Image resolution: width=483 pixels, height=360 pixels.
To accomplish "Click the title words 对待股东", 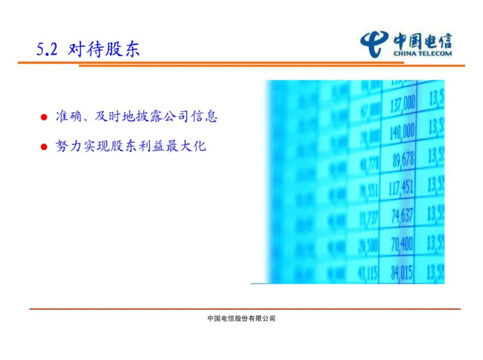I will (x=104, y=49).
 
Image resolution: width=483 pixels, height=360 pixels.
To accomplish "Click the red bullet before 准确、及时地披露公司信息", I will (x=43, y=117).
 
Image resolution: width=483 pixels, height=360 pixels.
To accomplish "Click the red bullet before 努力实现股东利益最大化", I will (x=43, y=147).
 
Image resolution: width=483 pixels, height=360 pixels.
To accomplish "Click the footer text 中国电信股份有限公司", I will (x=241, y=318).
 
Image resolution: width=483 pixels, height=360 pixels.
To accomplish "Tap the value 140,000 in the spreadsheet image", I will (x=402, y=131).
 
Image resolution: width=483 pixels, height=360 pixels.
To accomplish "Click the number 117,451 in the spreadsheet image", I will (x=401, y=187).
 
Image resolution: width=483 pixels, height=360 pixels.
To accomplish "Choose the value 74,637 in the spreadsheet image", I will (x=401, y=216).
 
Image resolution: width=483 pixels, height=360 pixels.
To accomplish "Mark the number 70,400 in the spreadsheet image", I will (x=401, y=244).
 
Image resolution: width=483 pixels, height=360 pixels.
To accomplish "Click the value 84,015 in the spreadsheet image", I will (x=401, y=272).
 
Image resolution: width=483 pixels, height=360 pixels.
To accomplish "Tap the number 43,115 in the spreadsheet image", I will (x=367, y=272).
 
